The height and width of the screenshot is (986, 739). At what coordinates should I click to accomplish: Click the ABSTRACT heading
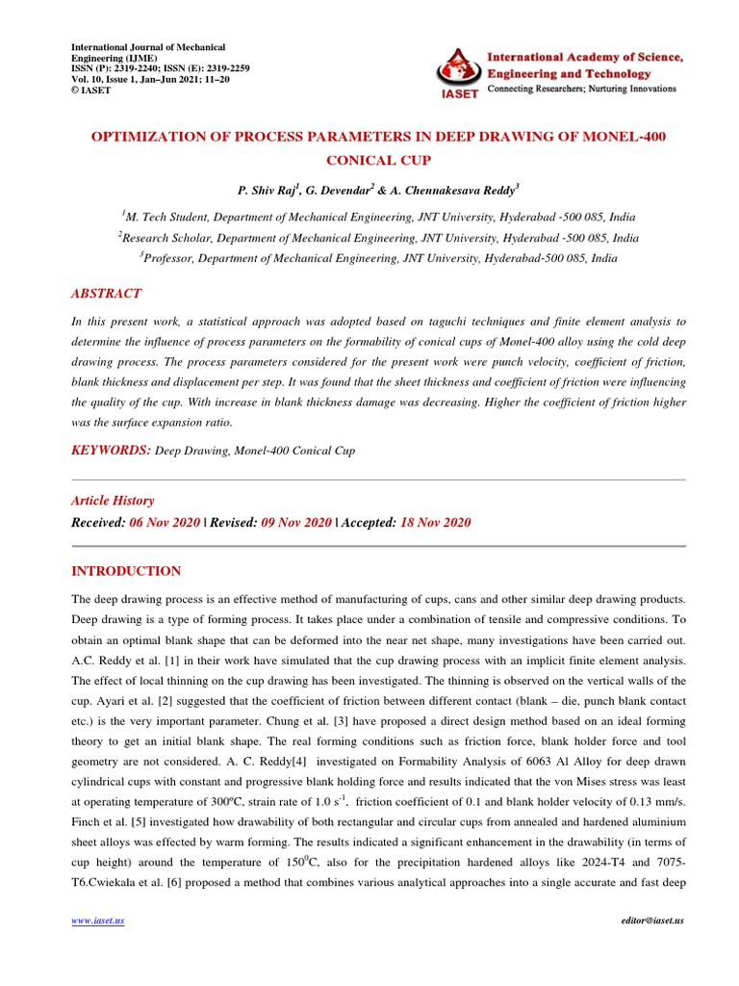107,294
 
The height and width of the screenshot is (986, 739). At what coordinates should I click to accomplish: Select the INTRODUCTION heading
126,571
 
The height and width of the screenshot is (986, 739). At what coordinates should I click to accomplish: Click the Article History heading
113,501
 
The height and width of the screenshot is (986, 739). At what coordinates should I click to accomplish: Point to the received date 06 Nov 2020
165,522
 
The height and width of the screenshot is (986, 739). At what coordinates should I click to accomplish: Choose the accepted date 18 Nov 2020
436,522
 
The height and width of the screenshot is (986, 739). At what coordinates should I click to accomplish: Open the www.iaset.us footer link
98,921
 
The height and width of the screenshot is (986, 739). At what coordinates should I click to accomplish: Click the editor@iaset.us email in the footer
652,921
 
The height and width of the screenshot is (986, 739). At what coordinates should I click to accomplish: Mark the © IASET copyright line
91,91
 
